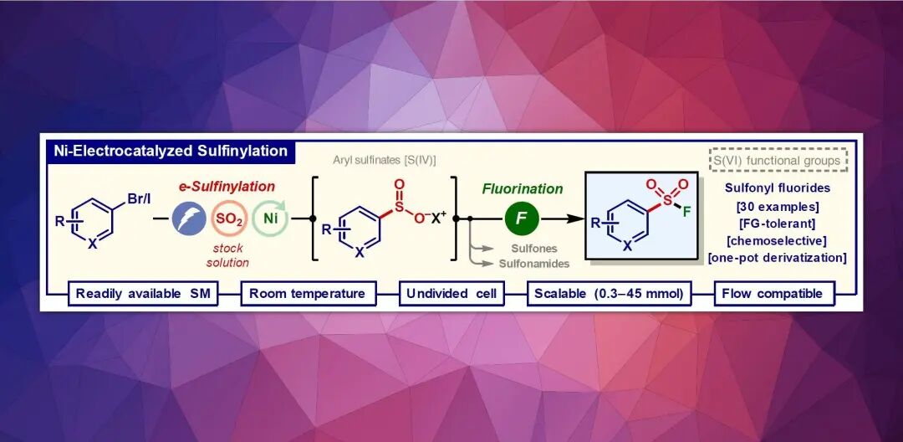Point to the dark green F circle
tap(522, 218)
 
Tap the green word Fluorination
tap(523, 189)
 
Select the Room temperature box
tap(307, 293)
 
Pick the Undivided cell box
tap(451, 293)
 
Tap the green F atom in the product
tap(686, 212)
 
